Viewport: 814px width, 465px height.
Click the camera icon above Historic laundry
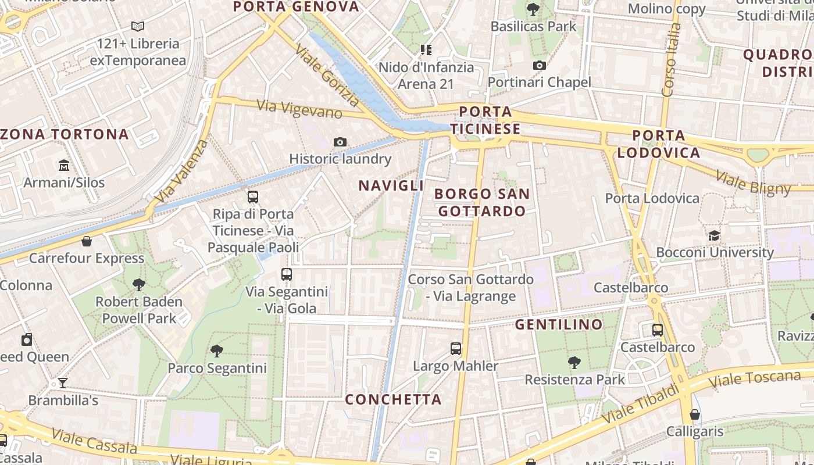pos(340,142)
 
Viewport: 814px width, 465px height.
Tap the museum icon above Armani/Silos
pos(64,166)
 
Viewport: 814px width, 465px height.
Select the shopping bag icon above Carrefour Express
pos(87,241)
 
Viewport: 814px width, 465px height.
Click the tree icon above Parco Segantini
pos(217,350)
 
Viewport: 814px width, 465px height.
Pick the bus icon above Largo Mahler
pos(456,349)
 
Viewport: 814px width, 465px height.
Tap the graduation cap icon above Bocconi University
pos(714,235)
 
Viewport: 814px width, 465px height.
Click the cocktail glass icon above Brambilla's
pos(63,383)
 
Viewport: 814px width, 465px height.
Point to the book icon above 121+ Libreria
pos(138,26)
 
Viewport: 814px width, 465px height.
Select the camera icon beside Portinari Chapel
pos(540,65)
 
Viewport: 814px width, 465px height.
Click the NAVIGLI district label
pos(391,185)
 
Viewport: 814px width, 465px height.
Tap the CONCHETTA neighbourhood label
pos(393,399)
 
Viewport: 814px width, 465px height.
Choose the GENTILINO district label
pos(559,324)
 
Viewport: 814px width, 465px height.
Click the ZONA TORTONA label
pos(65,134)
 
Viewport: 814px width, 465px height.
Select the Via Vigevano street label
pos(299,109)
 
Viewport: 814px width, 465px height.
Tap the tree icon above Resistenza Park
pos(574,363)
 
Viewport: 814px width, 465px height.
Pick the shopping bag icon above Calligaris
pos(694,414)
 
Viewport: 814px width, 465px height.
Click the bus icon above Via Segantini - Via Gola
pos(287,274)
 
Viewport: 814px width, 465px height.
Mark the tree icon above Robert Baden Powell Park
pos(138,284)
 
